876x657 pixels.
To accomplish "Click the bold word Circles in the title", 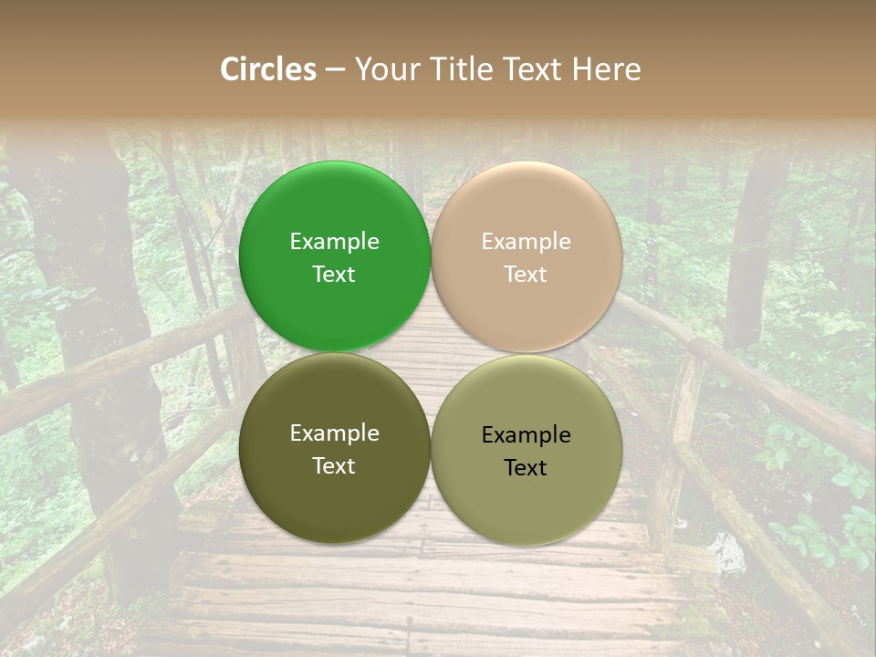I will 268,69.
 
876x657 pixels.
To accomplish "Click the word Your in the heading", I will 388,69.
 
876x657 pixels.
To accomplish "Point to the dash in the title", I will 335,70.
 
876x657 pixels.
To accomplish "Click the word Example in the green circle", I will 334,242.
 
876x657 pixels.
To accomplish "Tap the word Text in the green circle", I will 334,275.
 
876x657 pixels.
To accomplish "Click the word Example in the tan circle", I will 527,242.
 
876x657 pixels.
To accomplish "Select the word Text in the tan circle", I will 527,275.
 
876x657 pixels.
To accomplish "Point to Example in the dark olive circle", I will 334,433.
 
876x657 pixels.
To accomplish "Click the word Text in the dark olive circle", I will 334,466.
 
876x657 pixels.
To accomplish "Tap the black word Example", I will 527,435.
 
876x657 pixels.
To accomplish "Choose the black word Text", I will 527,468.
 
